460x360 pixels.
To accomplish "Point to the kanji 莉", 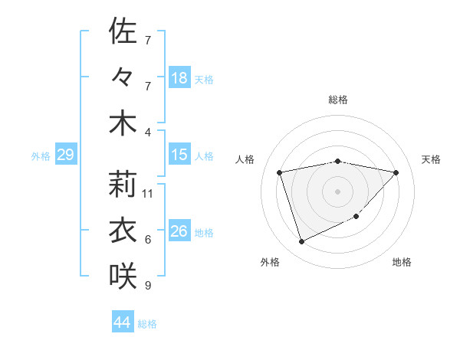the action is pyautogui.click(x=123, y=183).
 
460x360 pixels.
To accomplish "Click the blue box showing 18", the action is pyautogui.click(x=179, y=77).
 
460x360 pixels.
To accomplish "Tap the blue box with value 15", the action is pyautogui.click(x=179, y=155).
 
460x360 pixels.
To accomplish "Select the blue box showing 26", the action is pyautogui.click(x=179, y=231).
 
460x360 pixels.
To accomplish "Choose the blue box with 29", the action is pyautogui.click(x=65, y=155).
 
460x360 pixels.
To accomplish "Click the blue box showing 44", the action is pyautogui.click(x=123, y=322).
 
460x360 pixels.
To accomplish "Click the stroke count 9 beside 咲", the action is pyautogui.click(x=147, y=286).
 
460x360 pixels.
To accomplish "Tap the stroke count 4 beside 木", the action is pyautogui.click(x=147, y=133).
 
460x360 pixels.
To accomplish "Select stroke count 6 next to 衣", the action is pyautogui.click(x=147, y=240).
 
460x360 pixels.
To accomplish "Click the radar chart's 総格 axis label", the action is pyautogui.click(x=337, y=100).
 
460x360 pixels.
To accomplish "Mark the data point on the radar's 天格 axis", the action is pyautogui.click(x=396, y=172).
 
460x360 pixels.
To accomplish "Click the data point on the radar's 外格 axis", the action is pyautogui.click(x=301, y=242).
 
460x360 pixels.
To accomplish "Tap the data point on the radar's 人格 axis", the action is pyautogui.click(x=280, y=172).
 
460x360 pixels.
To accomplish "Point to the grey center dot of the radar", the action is pyautogui.click(x=337, y=191).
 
